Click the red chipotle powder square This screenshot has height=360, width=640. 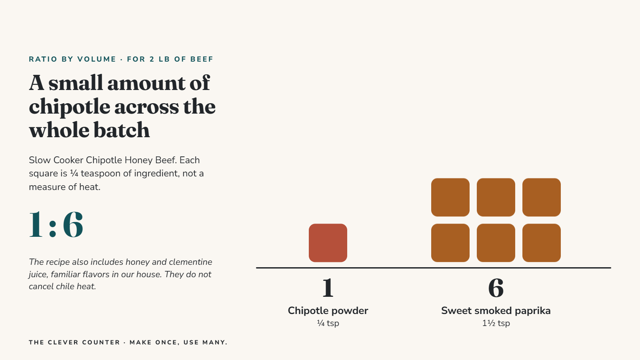(328, 243)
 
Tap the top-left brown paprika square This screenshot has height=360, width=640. (450, 198)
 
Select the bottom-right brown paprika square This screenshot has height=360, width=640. (542, 243)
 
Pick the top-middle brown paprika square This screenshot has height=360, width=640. (496, 198)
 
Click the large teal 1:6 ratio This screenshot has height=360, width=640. (56, 224)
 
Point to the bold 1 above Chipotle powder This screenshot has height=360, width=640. (328, 288)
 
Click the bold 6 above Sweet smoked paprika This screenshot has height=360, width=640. (496, 288)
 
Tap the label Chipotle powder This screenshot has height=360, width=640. (328, 310)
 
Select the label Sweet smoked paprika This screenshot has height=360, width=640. (496, 310)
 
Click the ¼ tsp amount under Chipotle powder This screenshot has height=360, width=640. (328, 323)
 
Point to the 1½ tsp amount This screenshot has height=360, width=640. (496, 323)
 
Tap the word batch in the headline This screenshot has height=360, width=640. (122, 130)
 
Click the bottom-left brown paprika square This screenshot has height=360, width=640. (450, 243)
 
